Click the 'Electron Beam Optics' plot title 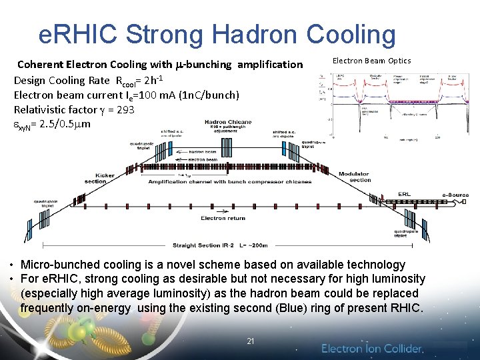coord(371,61)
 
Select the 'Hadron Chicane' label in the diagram coord(228,122)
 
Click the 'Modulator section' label coord(355,177)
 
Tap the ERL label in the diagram coord(404,194)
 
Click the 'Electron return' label coord(223,218)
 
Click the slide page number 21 coord(251,341)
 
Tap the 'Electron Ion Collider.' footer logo coord(372,349)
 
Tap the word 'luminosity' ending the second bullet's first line coord(395,279)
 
